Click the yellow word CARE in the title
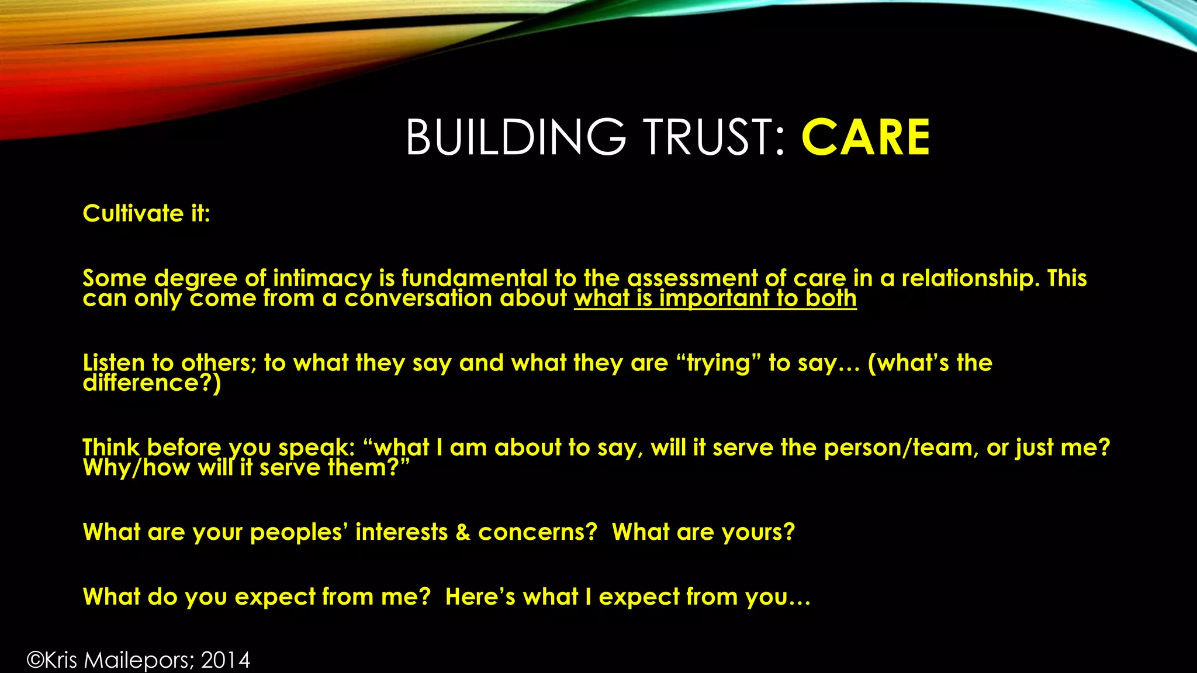pyautogui.click(x=866, y=138)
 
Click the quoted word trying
pyautogui.click(x=718, y=363)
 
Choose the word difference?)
pyautogui.click(x=152, y=383)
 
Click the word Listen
pyautogui.click(x=113, y=363)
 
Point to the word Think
pyautogui.click(x=110, y=447)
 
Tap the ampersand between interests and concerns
pyautogui.click(x=463, y=532)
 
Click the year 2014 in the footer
pyautogui.click(x=226, y=660)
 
